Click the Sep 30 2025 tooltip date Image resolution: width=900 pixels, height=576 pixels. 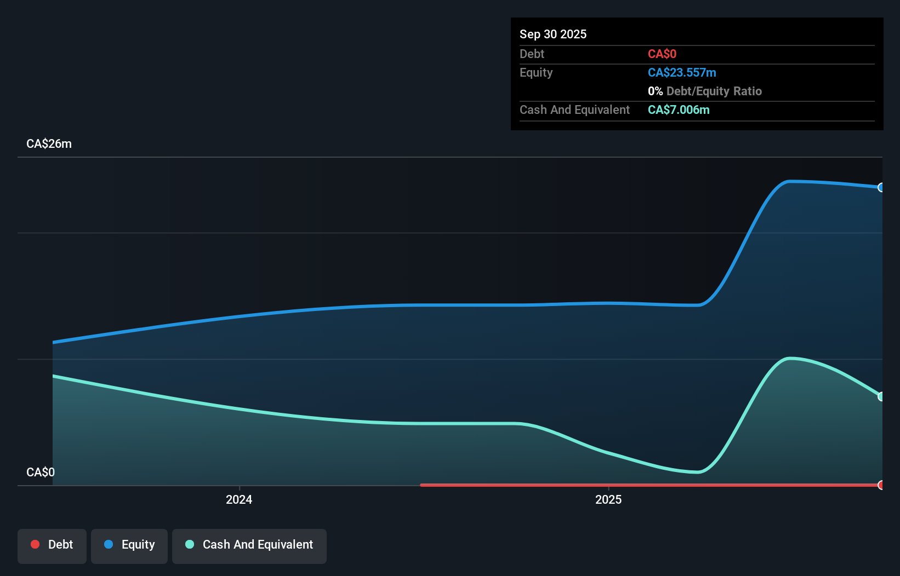pos(552,34)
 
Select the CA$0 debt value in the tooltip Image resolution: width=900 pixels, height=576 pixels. pos(662,54)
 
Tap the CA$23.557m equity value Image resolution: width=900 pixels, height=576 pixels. pos(681,72)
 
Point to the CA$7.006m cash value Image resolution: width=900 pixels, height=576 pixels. pos(678,110)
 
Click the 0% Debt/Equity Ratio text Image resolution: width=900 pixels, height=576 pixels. pos(704,91)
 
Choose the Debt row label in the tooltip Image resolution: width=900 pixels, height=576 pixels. pos(532,54)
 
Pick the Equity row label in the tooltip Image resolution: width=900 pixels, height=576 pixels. pos(536,72)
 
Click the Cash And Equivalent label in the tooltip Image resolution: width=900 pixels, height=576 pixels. pos(574,110)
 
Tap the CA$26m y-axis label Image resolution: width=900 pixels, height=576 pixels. pos(49,143)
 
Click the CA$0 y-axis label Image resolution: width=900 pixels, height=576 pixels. pos(41,472)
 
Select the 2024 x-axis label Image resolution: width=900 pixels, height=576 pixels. pos(239,499)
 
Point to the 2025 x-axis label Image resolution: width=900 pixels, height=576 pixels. pos(608,499)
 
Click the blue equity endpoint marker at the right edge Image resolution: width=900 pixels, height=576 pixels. pos(881,187)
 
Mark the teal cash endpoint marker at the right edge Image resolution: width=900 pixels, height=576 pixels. pos(881,396)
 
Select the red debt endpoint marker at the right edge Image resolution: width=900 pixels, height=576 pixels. pos(881,485)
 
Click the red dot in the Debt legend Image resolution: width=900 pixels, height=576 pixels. pos(35,544)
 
